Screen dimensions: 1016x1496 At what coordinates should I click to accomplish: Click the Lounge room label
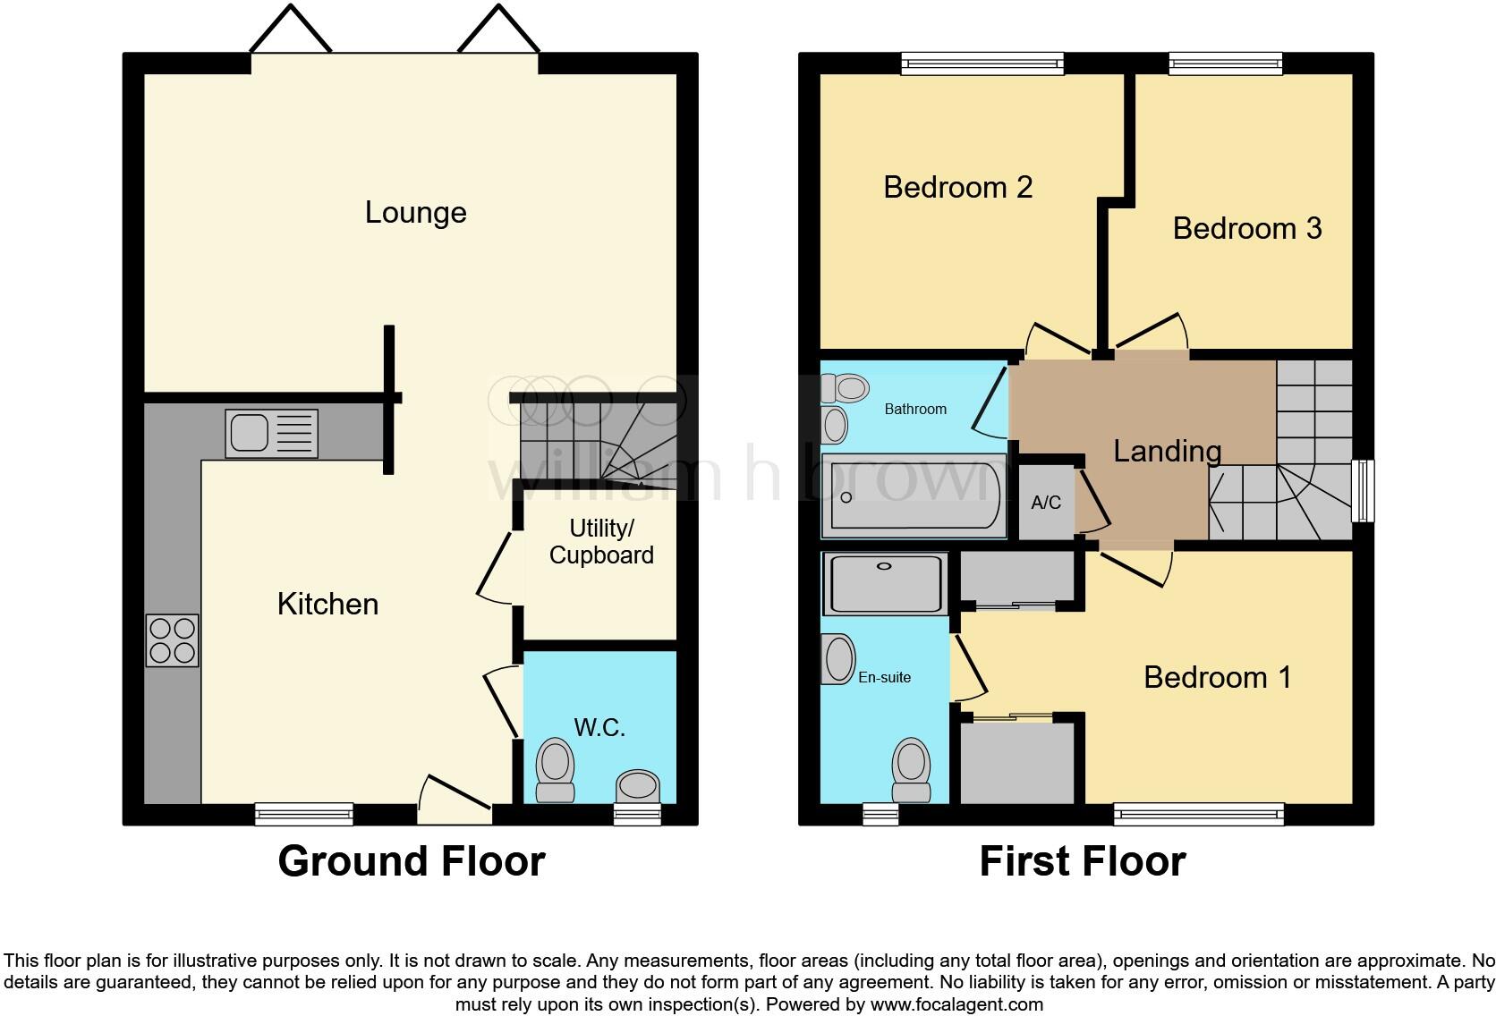pos(415,213)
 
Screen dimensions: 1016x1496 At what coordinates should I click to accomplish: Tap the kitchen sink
pos(271,433)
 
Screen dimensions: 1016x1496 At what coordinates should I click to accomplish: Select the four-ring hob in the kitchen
pos(173,640)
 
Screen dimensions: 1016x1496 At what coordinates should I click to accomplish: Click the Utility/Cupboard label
pos(601,542)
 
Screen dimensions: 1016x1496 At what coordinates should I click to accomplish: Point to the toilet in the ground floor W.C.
pos(555,770)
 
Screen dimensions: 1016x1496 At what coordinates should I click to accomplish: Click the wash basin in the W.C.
pos(637,787)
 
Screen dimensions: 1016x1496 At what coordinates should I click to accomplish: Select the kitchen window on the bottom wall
pos(304,814)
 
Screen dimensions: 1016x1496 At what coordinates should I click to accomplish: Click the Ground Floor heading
pos(412,861)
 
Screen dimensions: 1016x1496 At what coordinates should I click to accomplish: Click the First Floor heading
pos(1082,861)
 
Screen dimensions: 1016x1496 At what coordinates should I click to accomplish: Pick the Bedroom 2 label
pos(957,187)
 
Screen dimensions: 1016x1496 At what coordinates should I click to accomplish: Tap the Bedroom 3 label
pos(1246,228)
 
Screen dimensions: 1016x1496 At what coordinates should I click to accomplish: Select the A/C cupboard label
pos(1046,503)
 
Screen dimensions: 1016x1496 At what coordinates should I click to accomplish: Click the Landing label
pos(1167,451)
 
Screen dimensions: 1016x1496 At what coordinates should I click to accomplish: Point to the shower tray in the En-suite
pos(885,583)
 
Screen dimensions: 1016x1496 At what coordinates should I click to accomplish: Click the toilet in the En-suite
pos(911,770)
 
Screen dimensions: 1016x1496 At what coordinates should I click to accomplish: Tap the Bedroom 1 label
pos(1217,677)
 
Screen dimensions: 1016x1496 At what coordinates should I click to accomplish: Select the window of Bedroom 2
pos(982,63)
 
